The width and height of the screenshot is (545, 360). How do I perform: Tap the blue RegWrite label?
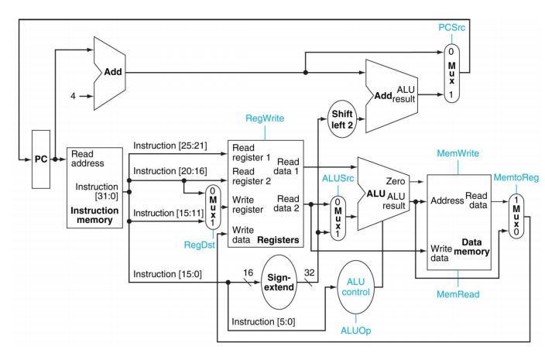(266, 118)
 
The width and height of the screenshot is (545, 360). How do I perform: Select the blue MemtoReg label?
(516, 177)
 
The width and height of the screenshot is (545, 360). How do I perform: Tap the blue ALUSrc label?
(338, 178)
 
